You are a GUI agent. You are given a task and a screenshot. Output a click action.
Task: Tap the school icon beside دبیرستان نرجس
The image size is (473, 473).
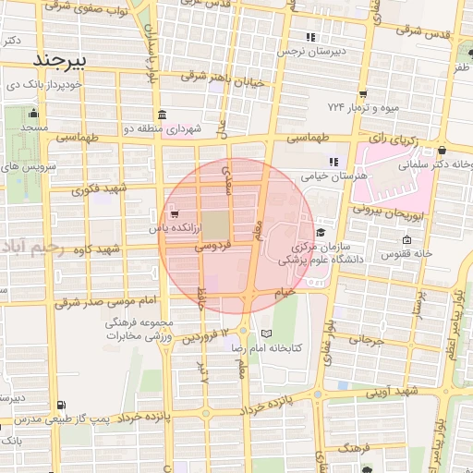tap(311, 38)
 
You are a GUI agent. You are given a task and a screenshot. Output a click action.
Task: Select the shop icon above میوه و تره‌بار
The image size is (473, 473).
tap(363, 93)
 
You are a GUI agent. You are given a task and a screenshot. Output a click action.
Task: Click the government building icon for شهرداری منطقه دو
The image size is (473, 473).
tap(163, 115)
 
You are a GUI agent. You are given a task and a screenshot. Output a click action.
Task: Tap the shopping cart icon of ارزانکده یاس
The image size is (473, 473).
tap(176, 214)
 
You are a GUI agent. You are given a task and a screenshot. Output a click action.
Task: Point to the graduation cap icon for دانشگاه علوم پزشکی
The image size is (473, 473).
tap(320, 233)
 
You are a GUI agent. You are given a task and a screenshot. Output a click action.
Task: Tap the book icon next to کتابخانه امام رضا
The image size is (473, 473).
tap(267, 333)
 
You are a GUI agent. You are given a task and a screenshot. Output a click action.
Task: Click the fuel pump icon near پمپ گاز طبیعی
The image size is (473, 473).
tap(61, 405)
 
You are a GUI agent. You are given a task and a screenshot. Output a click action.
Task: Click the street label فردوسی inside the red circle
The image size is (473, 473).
tap(212, 248)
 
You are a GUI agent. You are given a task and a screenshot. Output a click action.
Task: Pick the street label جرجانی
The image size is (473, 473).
tap(364, 340)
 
